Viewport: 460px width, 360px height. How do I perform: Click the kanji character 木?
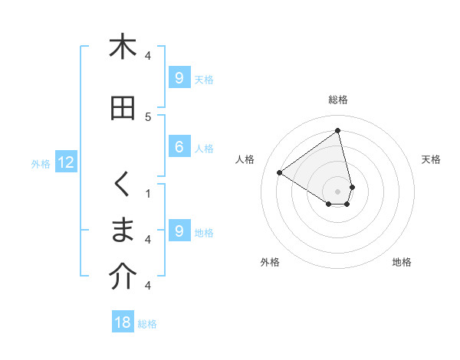[x=123, y=47]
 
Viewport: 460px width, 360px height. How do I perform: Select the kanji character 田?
[x=123, y=109]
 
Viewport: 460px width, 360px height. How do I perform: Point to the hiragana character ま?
[x=123, y=231]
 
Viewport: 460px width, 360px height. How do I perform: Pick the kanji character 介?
[x=123, y=277]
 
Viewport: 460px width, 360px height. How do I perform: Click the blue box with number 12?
[x=66, y=162]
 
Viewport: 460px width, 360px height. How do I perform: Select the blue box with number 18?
[x=123, y=322]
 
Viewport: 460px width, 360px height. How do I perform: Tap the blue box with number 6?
[x=179, y=147]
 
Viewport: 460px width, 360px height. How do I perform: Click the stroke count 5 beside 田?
[x=148, y=116]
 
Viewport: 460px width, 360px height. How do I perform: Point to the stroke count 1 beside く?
[x=148, y=193]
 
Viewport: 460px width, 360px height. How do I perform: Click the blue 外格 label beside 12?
[x=41, y=163]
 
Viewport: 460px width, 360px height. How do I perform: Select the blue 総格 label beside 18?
[x=147, y=324]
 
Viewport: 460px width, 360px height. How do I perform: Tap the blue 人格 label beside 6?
[x=204, y=148]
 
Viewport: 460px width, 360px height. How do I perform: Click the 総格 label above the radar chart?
[x=338, y=100]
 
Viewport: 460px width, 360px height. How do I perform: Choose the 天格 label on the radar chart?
[x=431, y=159]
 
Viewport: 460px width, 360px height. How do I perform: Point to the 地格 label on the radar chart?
[x=402, y=262]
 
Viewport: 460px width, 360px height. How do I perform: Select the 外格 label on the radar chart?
[x=270, y=262]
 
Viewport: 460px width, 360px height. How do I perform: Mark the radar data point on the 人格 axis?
[x=280, y=173]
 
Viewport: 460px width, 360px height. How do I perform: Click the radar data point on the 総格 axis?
[x=338, y=131]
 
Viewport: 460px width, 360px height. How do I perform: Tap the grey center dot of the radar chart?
[x=338, y=191]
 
